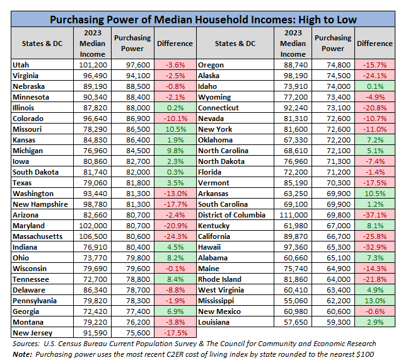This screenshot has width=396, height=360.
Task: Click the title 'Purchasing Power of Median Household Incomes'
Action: [x=202, y=20]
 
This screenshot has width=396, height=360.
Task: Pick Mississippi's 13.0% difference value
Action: [x=371, y=301]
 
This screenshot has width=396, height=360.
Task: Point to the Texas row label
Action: [x=23, y=183]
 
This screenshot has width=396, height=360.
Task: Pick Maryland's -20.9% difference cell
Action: [x=175, y=226]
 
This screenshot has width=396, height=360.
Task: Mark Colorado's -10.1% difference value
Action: [x=175, y=119]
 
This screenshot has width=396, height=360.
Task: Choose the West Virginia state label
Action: [x=222, y=290]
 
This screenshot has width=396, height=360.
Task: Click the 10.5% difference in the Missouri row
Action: [x=175, y=129]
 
